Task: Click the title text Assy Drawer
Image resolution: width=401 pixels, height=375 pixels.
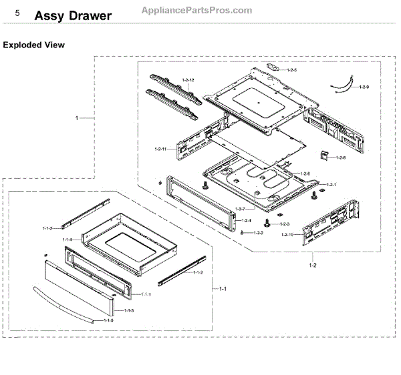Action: tap(73, 16)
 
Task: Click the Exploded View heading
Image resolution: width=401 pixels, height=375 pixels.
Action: tap(34, 45)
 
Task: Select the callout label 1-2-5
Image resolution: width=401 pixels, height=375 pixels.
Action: tap(292, 69)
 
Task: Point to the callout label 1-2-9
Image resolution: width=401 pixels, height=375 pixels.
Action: tap(364, 87)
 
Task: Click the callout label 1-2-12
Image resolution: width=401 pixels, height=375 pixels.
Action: tap(188, 81)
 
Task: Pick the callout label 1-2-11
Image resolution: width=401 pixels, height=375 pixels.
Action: tap(160, 148)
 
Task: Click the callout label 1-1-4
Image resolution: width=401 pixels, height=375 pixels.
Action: tap(68, 239)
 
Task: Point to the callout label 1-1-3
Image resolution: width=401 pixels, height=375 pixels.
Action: tap(128, 311)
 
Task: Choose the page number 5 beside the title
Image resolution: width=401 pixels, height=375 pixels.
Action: tap(17, 13)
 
